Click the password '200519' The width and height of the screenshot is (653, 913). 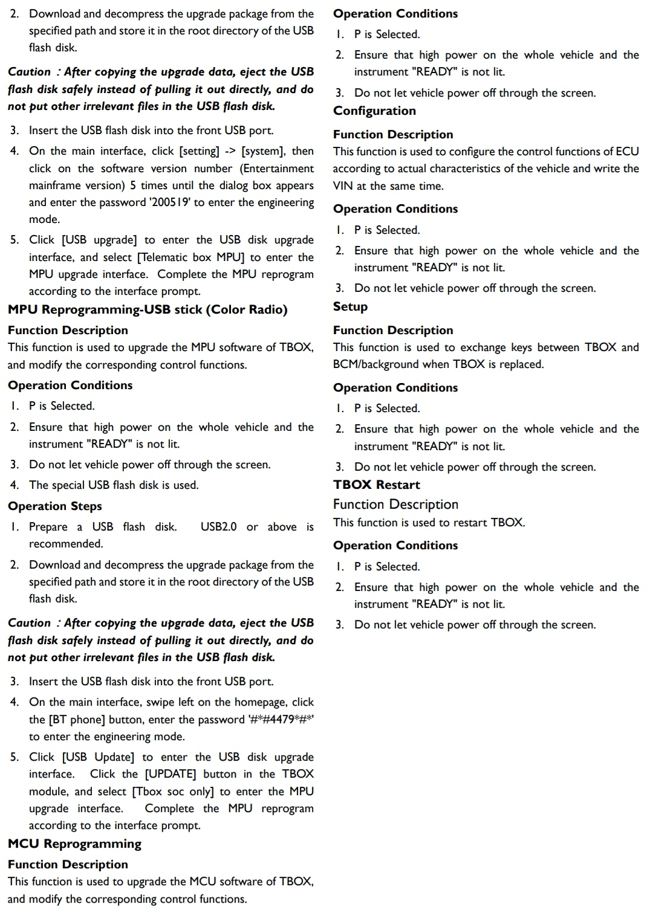pos(171,202)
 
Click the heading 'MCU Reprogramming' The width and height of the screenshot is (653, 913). pos(74,844)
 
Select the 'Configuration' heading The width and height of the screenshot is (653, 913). pos(374,111)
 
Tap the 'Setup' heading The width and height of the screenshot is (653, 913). pos(350,307)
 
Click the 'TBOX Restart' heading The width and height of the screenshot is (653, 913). pos(376,485)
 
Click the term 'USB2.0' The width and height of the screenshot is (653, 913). pos(218,527)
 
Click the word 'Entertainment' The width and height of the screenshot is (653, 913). pos(278,169)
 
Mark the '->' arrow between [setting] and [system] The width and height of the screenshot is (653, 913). pos(230,151)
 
